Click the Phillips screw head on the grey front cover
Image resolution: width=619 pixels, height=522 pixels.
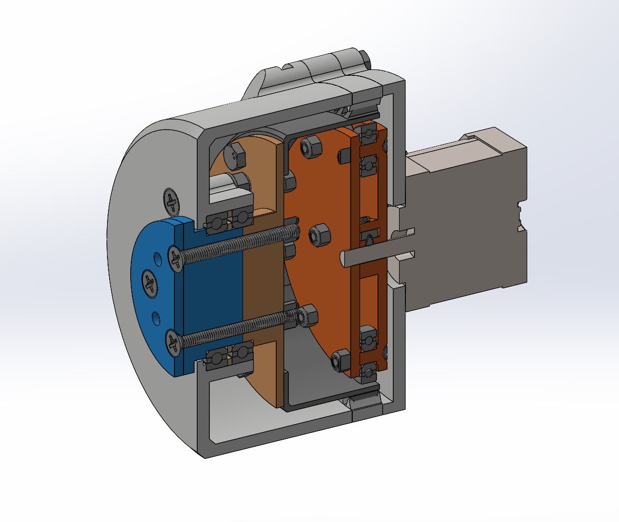[x=171, y=200]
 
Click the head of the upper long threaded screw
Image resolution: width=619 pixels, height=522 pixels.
[x=176, y=258]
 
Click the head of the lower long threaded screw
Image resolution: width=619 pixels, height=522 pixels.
[x=174, y=341]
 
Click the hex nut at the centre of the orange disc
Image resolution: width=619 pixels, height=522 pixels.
[x=318, y=235]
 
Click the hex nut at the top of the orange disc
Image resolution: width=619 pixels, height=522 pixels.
[x=312, y=147]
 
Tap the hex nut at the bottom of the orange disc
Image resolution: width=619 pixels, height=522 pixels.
[x=341, y=362]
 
